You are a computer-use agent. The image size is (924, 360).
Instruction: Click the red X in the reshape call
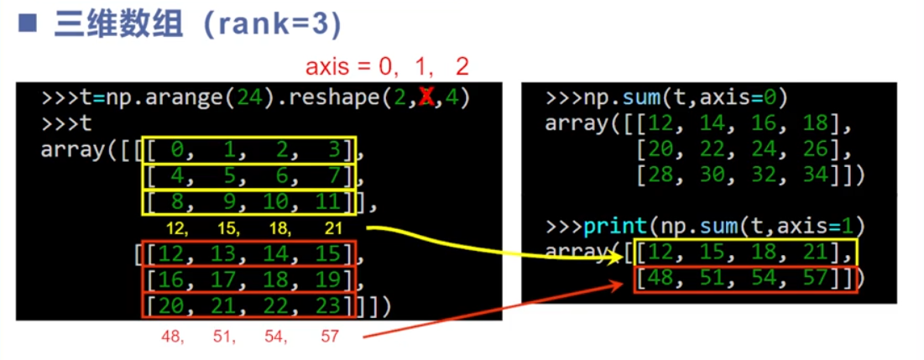tap(426, 98)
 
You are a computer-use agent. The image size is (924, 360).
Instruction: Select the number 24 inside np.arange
tap(249, 98)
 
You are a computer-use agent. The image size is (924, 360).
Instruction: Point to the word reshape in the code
tap(324, 98)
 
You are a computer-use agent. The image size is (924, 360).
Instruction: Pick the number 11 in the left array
tap(332, 202)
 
